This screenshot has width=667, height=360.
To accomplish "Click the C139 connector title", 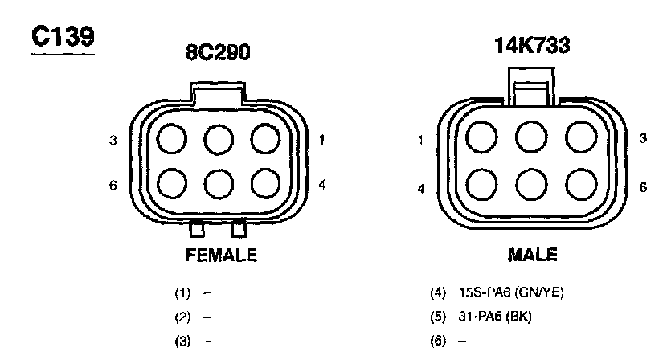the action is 63,37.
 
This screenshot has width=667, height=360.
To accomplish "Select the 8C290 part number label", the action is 218,52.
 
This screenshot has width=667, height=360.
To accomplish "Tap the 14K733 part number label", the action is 532,45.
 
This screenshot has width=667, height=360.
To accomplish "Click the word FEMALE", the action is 221,255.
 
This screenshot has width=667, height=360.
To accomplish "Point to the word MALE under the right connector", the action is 533,255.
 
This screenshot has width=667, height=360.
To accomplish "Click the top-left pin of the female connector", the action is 172,139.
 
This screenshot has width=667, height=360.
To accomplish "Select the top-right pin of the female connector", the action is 265,139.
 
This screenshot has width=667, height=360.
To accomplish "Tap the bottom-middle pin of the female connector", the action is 219,184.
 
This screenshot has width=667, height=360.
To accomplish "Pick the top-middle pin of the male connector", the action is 531,137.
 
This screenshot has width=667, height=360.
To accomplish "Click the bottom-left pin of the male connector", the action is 481,185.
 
